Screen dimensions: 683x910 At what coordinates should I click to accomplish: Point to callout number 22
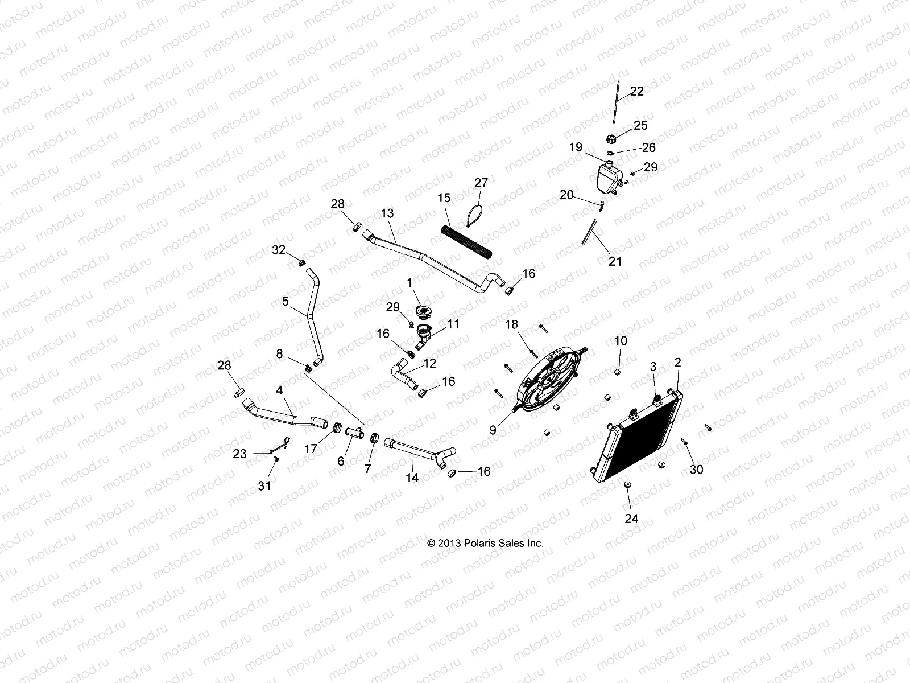(637, 91)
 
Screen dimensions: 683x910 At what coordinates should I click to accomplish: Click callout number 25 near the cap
(640, 125)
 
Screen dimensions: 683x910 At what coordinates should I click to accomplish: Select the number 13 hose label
(387, 213)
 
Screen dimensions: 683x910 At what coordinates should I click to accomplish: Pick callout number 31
(265, 485)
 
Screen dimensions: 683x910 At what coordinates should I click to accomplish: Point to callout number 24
(632, 519)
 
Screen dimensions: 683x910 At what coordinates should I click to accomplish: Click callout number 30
(696, 469)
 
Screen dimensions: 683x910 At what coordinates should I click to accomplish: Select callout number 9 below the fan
(493, 431)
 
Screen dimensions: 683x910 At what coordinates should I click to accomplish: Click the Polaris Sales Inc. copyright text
(485, 543)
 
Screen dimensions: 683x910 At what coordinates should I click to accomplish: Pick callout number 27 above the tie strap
(481, 183)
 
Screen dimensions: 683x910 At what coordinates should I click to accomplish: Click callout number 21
(615, 261)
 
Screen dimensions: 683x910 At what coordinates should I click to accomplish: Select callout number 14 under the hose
(412, 478)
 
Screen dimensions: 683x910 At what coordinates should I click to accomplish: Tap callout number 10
(621, 341)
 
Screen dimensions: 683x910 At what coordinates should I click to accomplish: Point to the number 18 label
(512, 324)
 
